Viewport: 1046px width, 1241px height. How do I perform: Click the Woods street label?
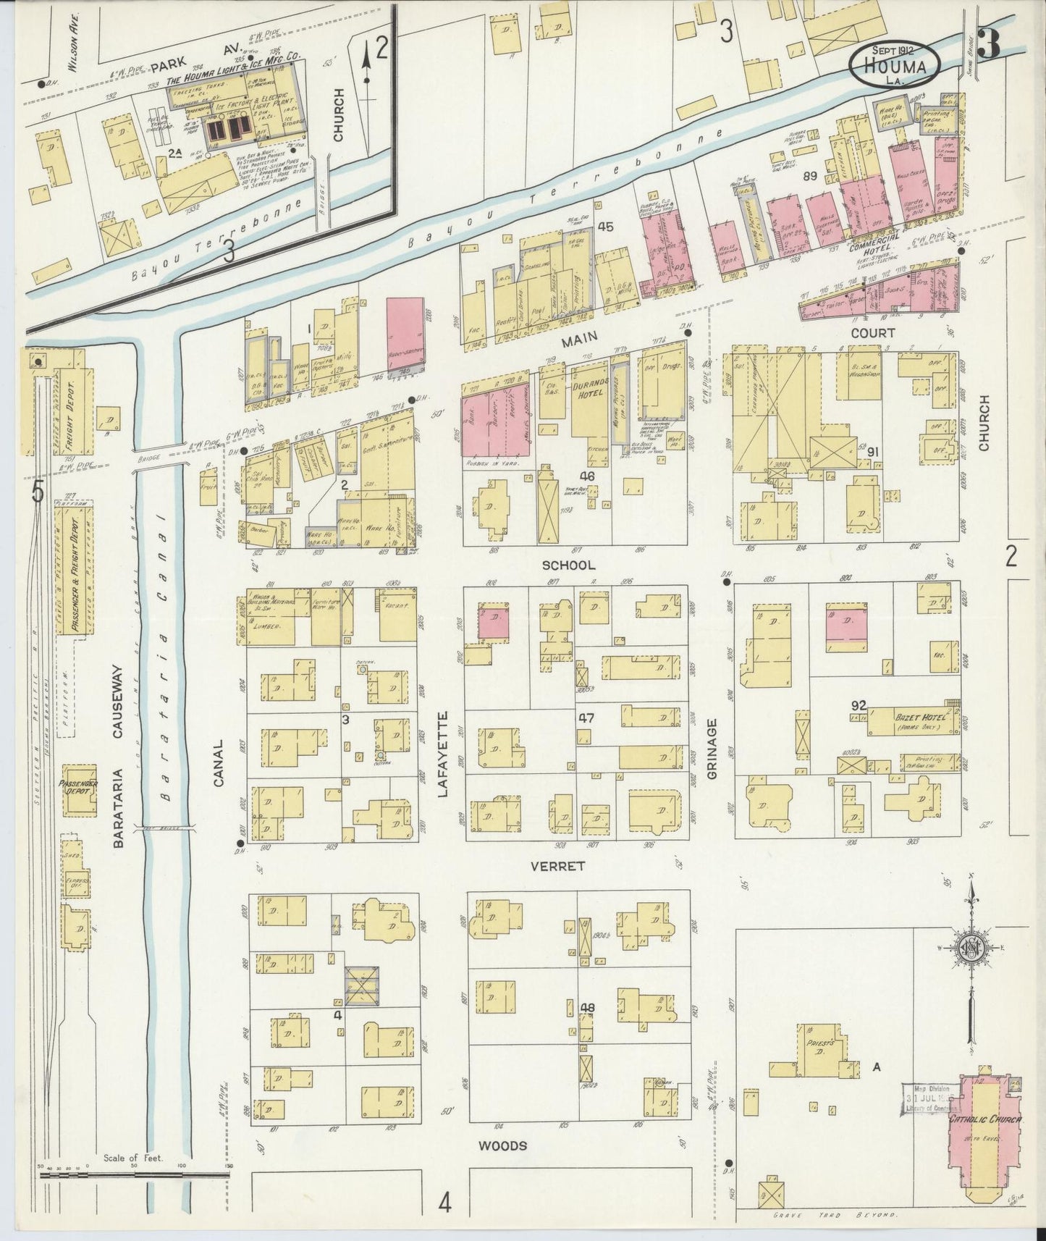(502, 1146)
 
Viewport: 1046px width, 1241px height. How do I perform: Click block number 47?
(586, 718)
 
